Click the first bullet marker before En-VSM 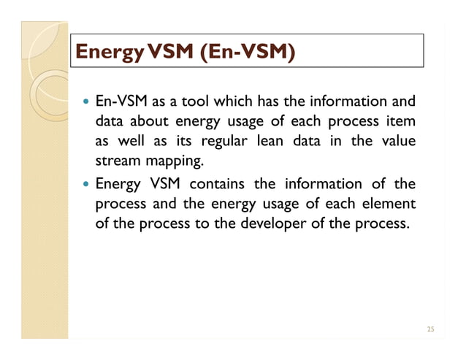(x=87, y=102)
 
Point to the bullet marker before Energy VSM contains (x=87, y=184)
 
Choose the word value (x=399, y=140)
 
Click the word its (x=182, y=140)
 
